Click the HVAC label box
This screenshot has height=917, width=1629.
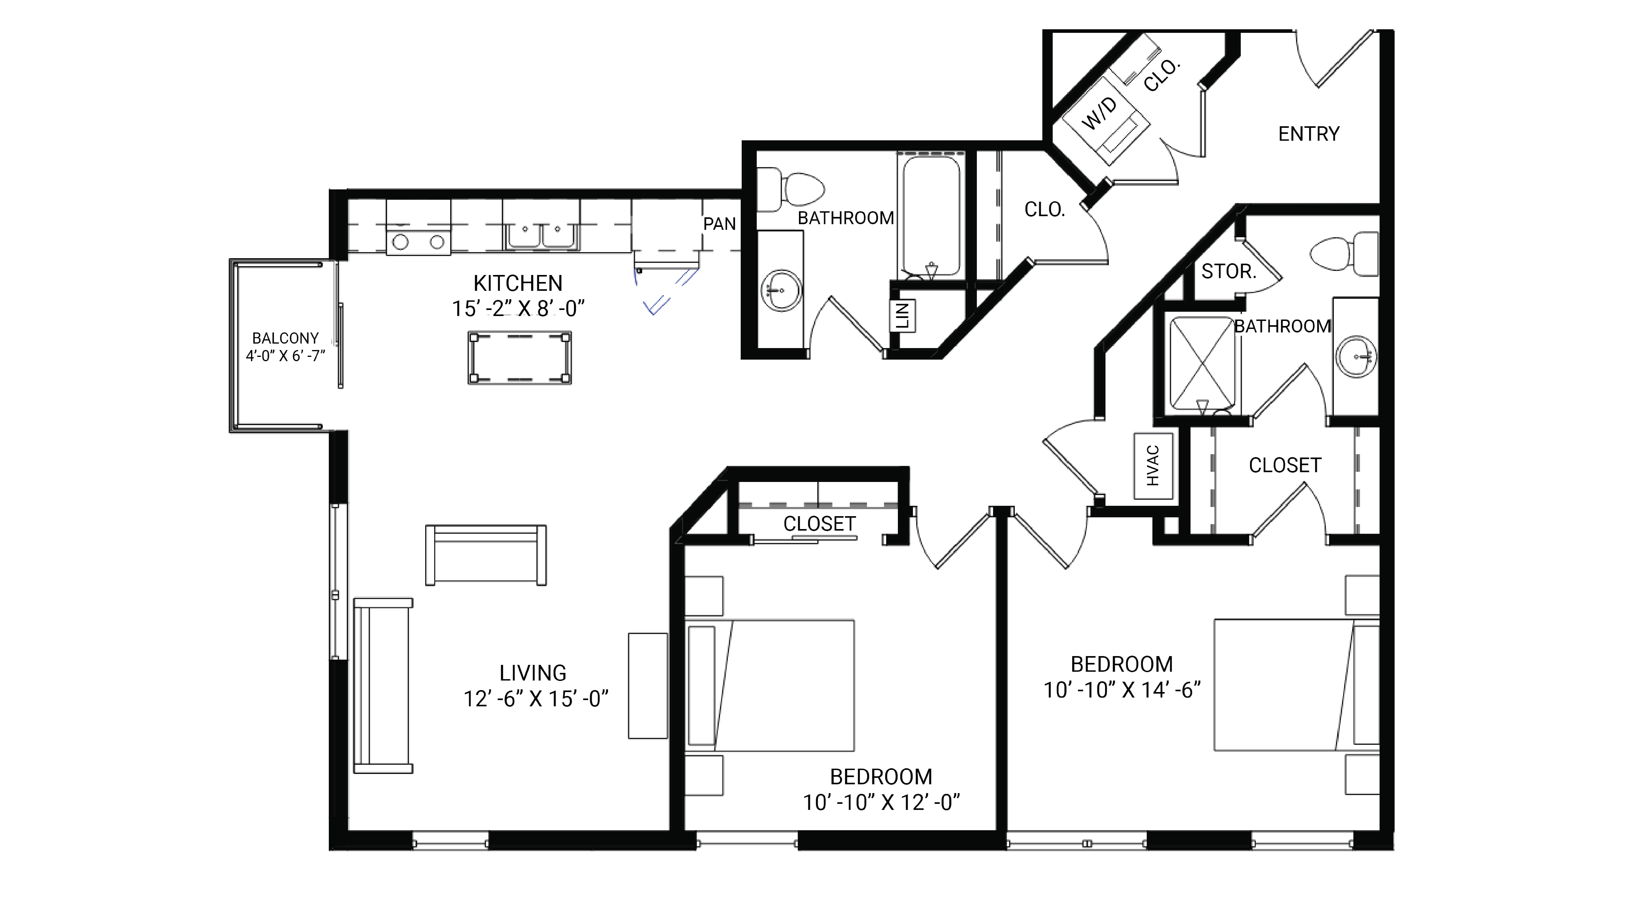click(x=1153, y=466)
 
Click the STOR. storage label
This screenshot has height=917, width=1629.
click(x=1228, y=271)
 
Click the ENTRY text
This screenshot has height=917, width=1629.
click(x=1308, y=134)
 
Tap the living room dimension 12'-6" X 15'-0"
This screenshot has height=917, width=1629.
click(x=536, y=699)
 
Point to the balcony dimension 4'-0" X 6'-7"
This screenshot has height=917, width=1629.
click(x=285, y=356)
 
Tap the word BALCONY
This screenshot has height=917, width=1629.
click(x=285, y=338)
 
